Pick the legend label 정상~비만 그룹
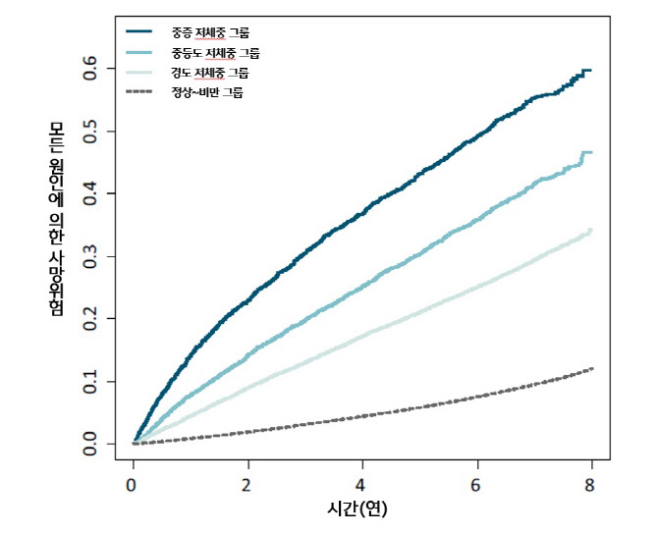point(206,93)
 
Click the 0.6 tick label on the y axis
point(90,69)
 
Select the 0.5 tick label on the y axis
point(90,131)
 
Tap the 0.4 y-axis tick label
point(90,193)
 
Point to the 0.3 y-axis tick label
point(90,256)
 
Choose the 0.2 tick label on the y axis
point(90,319)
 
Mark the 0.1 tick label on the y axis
point(90,382)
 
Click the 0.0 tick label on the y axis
point(90,444)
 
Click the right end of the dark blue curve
point(589,71)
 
